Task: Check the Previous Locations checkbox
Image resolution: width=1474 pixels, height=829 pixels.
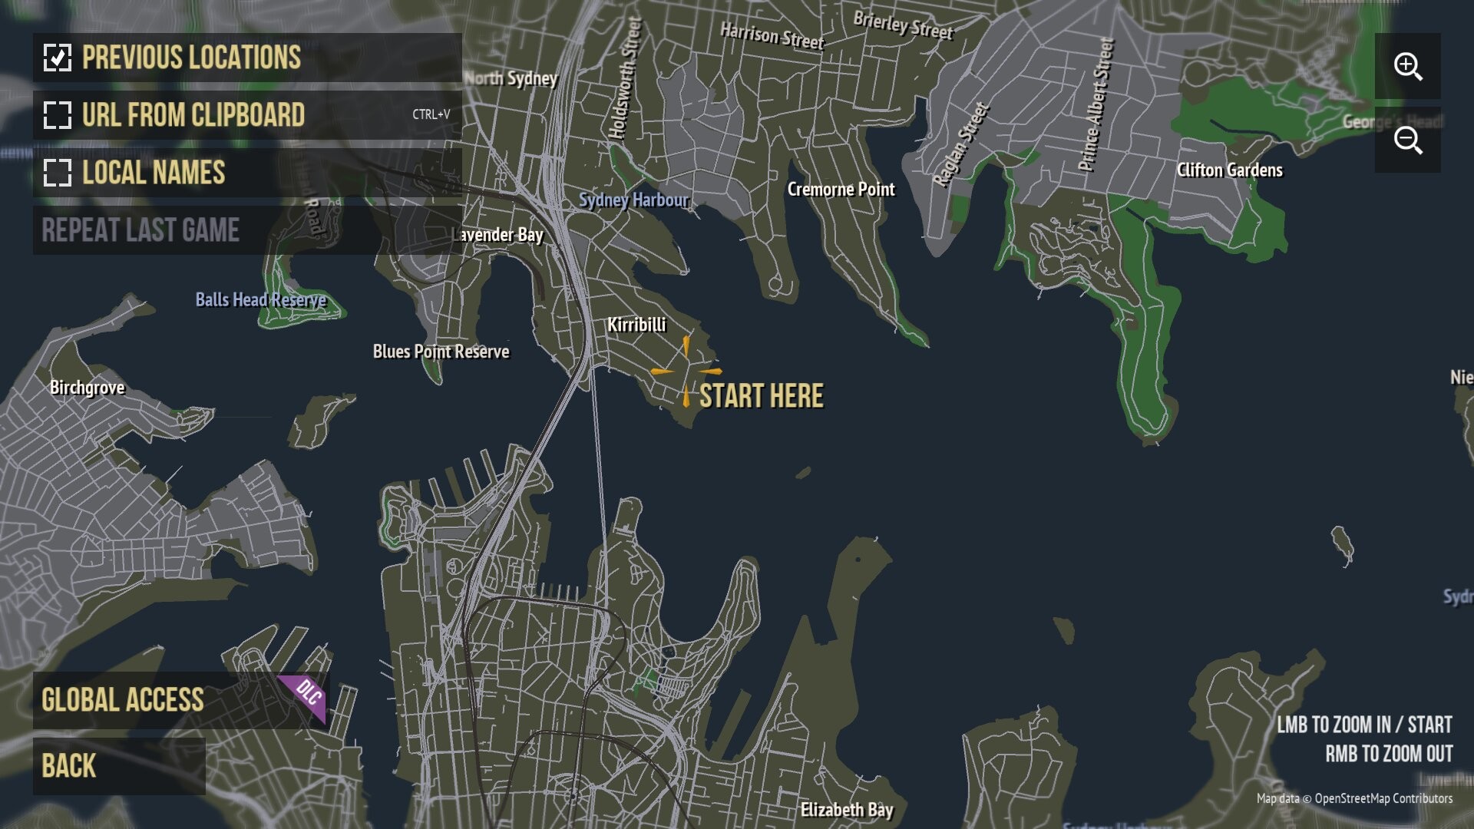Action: [x=58, y=58]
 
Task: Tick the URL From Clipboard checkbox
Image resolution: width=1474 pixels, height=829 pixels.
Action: [x=58, y=115]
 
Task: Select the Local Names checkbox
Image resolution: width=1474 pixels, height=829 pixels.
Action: [x=58, y=173]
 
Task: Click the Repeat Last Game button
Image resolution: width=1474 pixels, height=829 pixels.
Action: [x=140, y=230]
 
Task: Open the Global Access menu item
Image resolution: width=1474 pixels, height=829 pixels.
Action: [x=123, y=700]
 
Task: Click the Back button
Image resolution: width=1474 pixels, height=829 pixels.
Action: [x=69, y=766]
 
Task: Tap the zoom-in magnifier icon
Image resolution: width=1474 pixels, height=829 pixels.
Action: [x=1407, y=66]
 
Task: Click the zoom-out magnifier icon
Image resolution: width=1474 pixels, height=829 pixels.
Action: [x=1407, y=140]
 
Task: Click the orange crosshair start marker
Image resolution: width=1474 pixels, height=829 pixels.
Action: [x=686, y=372]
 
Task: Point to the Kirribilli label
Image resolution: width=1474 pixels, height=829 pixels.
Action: [x=636, y=325]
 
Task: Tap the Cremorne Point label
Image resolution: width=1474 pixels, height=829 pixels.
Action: [x=841, y=190]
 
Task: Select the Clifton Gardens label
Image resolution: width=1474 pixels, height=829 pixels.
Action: [x=1229, y=170]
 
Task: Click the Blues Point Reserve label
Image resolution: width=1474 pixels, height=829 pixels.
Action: [x=441, y=352]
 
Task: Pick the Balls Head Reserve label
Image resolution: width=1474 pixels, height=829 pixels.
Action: [x=260, y=300]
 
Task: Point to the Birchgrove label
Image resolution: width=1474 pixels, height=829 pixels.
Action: [x=87, y=388]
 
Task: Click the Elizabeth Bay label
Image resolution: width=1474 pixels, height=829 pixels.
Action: [x=847, y=810]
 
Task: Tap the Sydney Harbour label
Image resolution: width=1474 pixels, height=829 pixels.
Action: [x=633, y=200]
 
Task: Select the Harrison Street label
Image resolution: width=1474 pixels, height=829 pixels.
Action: [x=772, y=35]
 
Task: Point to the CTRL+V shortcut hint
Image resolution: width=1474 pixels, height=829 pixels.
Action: [x=431, y=114]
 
